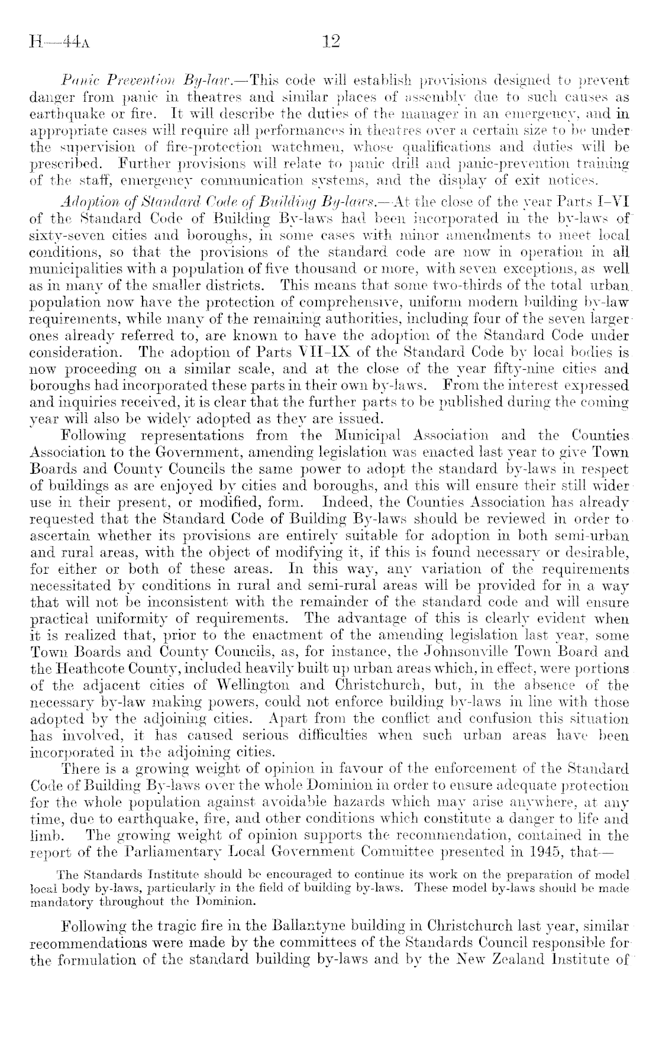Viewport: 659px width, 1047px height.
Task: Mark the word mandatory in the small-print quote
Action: pos(60,901)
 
